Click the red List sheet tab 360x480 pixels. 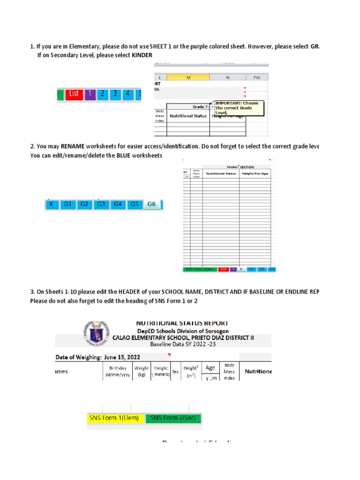pos(74,94)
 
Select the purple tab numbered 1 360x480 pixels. pos(90,94)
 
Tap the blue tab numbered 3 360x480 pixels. pos(114,94)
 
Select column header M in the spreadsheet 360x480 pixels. pos(188,77)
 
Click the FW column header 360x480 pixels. pos(257,77)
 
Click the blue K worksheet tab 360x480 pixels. pos(52,204)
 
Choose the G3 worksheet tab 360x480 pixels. pos(101,204)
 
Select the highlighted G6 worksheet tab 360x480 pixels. pos(151,204)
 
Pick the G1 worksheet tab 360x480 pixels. pos(68,204)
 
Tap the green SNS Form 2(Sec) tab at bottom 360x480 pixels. pos(173,419)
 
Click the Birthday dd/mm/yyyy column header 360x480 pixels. pos(118,371)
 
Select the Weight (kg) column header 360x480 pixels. pos(141,371)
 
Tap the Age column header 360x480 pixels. pos(210,368)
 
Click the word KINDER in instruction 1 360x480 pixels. pos(142,55)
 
